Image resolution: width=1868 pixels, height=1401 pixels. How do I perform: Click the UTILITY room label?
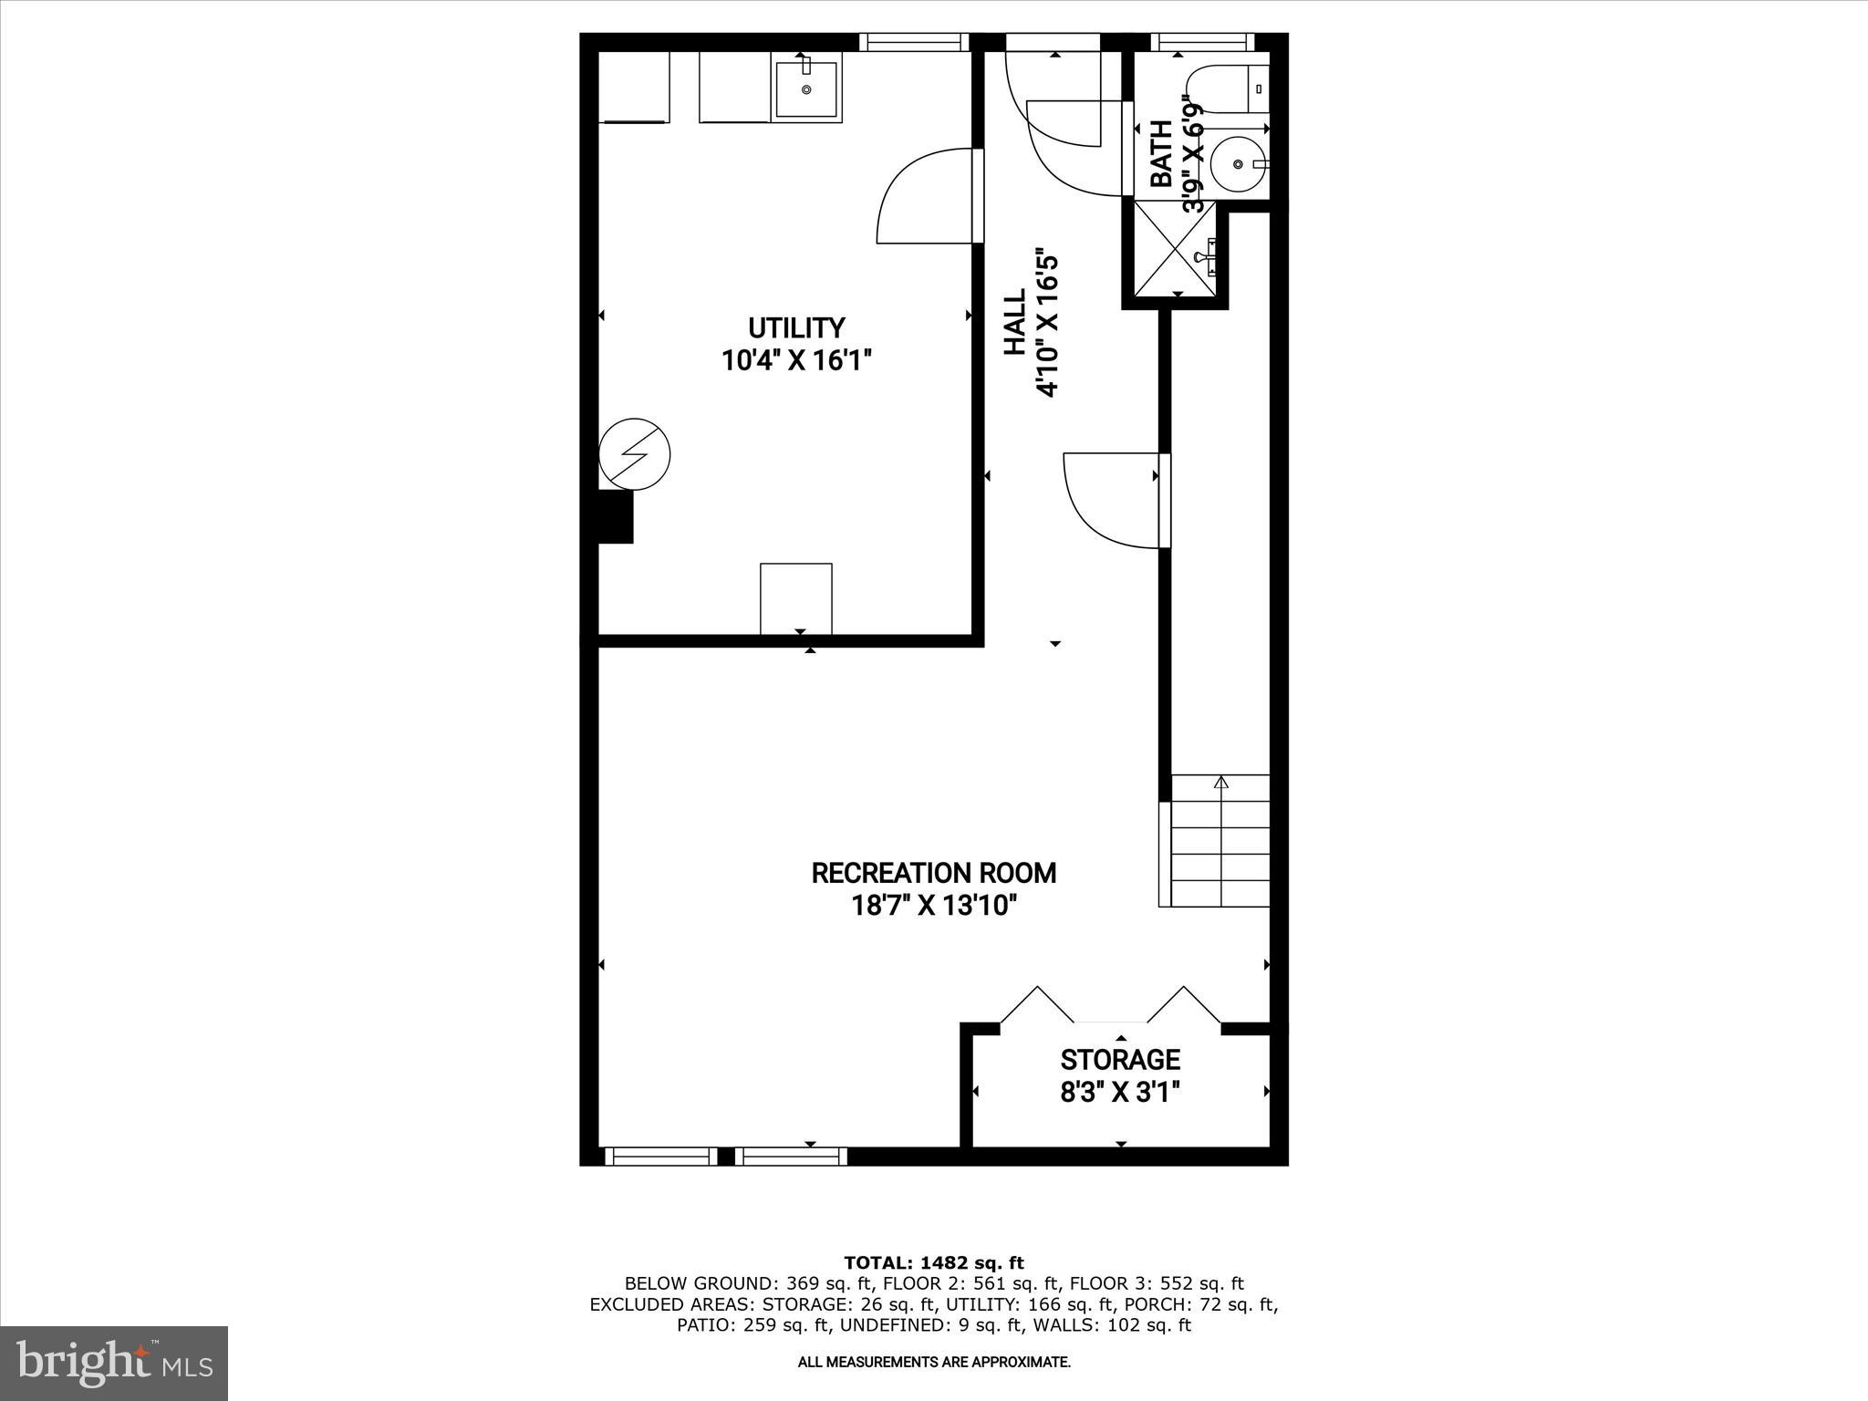coord(796,327)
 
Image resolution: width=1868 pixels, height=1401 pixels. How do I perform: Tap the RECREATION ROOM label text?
coord(933,873)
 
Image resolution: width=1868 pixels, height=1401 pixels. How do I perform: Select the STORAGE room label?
coord(1120,1059)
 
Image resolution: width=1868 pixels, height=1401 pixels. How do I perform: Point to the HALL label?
coord(1014,322)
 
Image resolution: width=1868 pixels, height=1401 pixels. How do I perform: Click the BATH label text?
coord(1161,154)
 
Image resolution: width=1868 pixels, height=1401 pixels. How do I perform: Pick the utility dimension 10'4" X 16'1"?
coord(796,361)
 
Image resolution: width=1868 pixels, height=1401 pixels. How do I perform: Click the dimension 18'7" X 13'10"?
coord(933,906)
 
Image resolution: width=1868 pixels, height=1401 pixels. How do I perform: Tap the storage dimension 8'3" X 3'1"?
coord(1120,1092)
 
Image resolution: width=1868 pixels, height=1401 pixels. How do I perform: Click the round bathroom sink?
coord(1238,164)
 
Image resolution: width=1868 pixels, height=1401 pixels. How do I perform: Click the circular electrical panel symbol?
coord(634,454)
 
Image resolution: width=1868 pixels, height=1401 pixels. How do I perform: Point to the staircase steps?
coord(1219,844)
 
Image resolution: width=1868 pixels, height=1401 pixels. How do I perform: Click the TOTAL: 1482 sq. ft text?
coord(934,1263)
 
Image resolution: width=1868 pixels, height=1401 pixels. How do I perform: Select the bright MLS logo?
coord(114,1363)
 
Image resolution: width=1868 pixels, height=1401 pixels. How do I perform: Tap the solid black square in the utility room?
coord(615,517)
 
